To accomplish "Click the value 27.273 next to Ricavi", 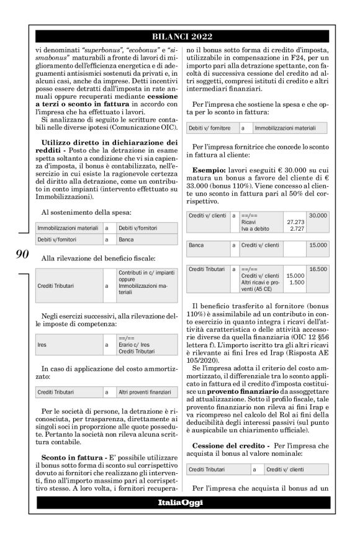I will [x=295, y=221].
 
